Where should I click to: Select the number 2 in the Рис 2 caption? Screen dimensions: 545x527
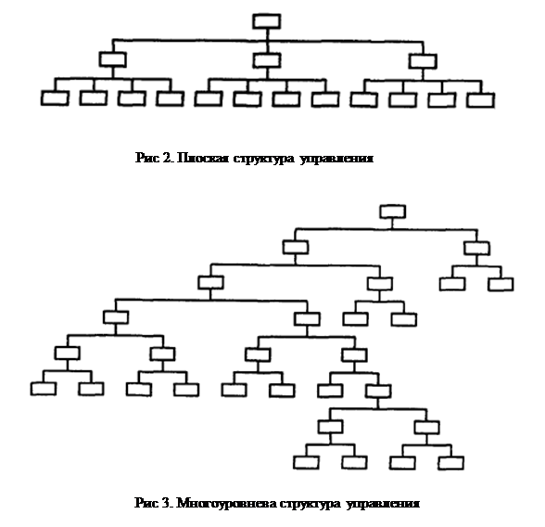[167, 158]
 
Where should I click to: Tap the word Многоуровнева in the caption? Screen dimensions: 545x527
[227, 503]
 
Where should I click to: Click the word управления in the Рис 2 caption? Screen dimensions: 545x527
[336, 159]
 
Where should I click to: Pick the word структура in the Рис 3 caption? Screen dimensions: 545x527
[311, 504]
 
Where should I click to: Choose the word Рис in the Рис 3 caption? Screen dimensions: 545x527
[147, 503]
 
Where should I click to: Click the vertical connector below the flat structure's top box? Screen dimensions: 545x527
[267, 34]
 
